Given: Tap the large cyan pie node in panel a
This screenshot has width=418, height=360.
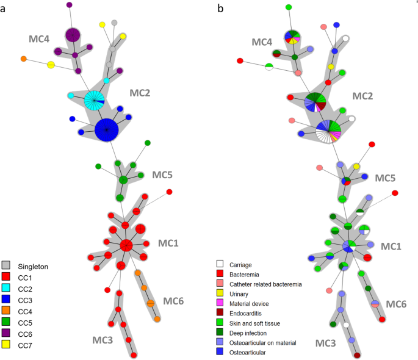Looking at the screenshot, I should click(95, 99).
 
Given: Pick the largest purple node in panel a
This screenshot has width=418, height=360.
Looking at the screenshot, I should click(73, 36).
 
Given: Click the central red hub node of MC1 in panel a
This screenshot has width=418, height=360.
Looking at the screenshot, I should click(126, 245).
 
